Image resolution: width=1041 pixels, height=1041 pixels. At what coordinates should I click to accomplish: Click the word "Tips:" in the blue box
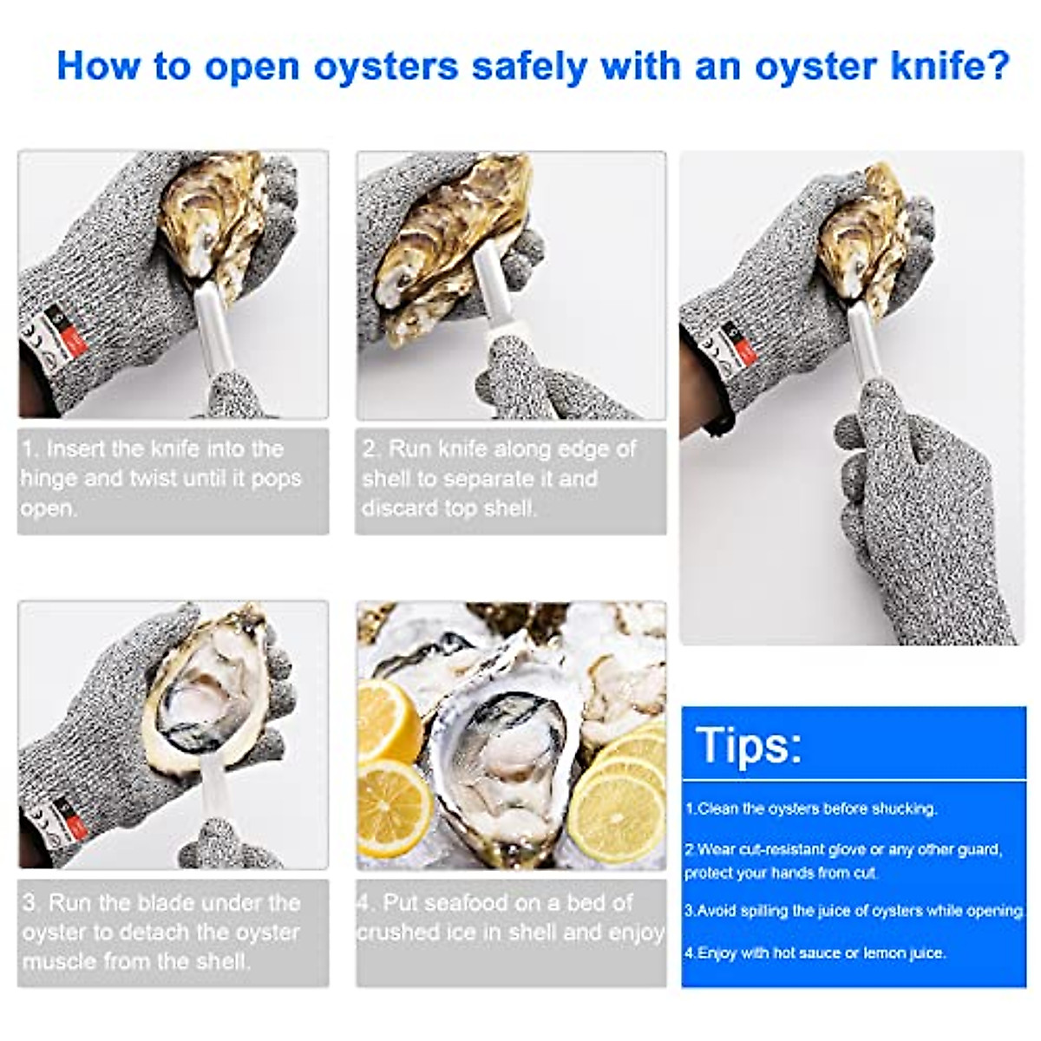point(748,744)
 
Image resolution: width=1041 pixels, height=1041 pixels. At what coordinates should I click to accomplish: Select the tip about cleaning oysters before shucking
point(811,809)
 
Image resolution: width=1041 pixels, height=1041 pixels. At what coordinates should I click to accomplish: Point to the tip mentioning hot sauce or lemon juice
point(815,953)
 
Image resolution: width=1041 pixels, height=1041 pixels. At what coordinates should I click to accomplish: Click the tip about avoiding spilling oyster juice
point(854,911)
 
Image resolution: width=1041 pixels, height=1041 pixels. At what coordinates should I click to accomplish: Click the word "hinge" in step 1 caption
point(49,479)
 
